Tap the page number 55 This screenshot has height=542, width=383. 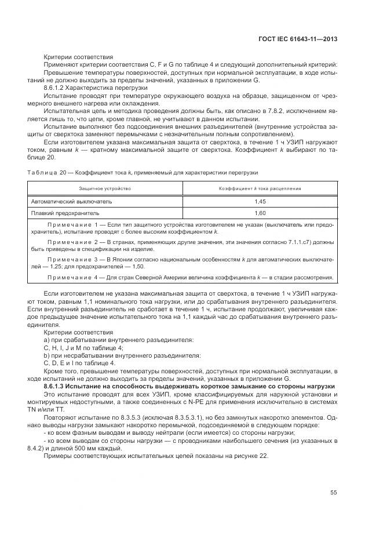(333, 493)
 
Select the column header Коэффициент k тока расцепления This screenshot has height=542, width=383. (260, 189)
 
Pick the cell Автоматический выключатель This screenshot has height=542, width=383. (72, 201)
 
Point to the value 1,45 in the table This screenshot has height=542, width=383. (260, 201)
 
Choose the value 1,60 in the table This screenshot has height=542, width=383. (260, 213)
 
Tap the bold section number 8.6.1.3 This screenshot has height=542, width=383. (57, 385)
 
